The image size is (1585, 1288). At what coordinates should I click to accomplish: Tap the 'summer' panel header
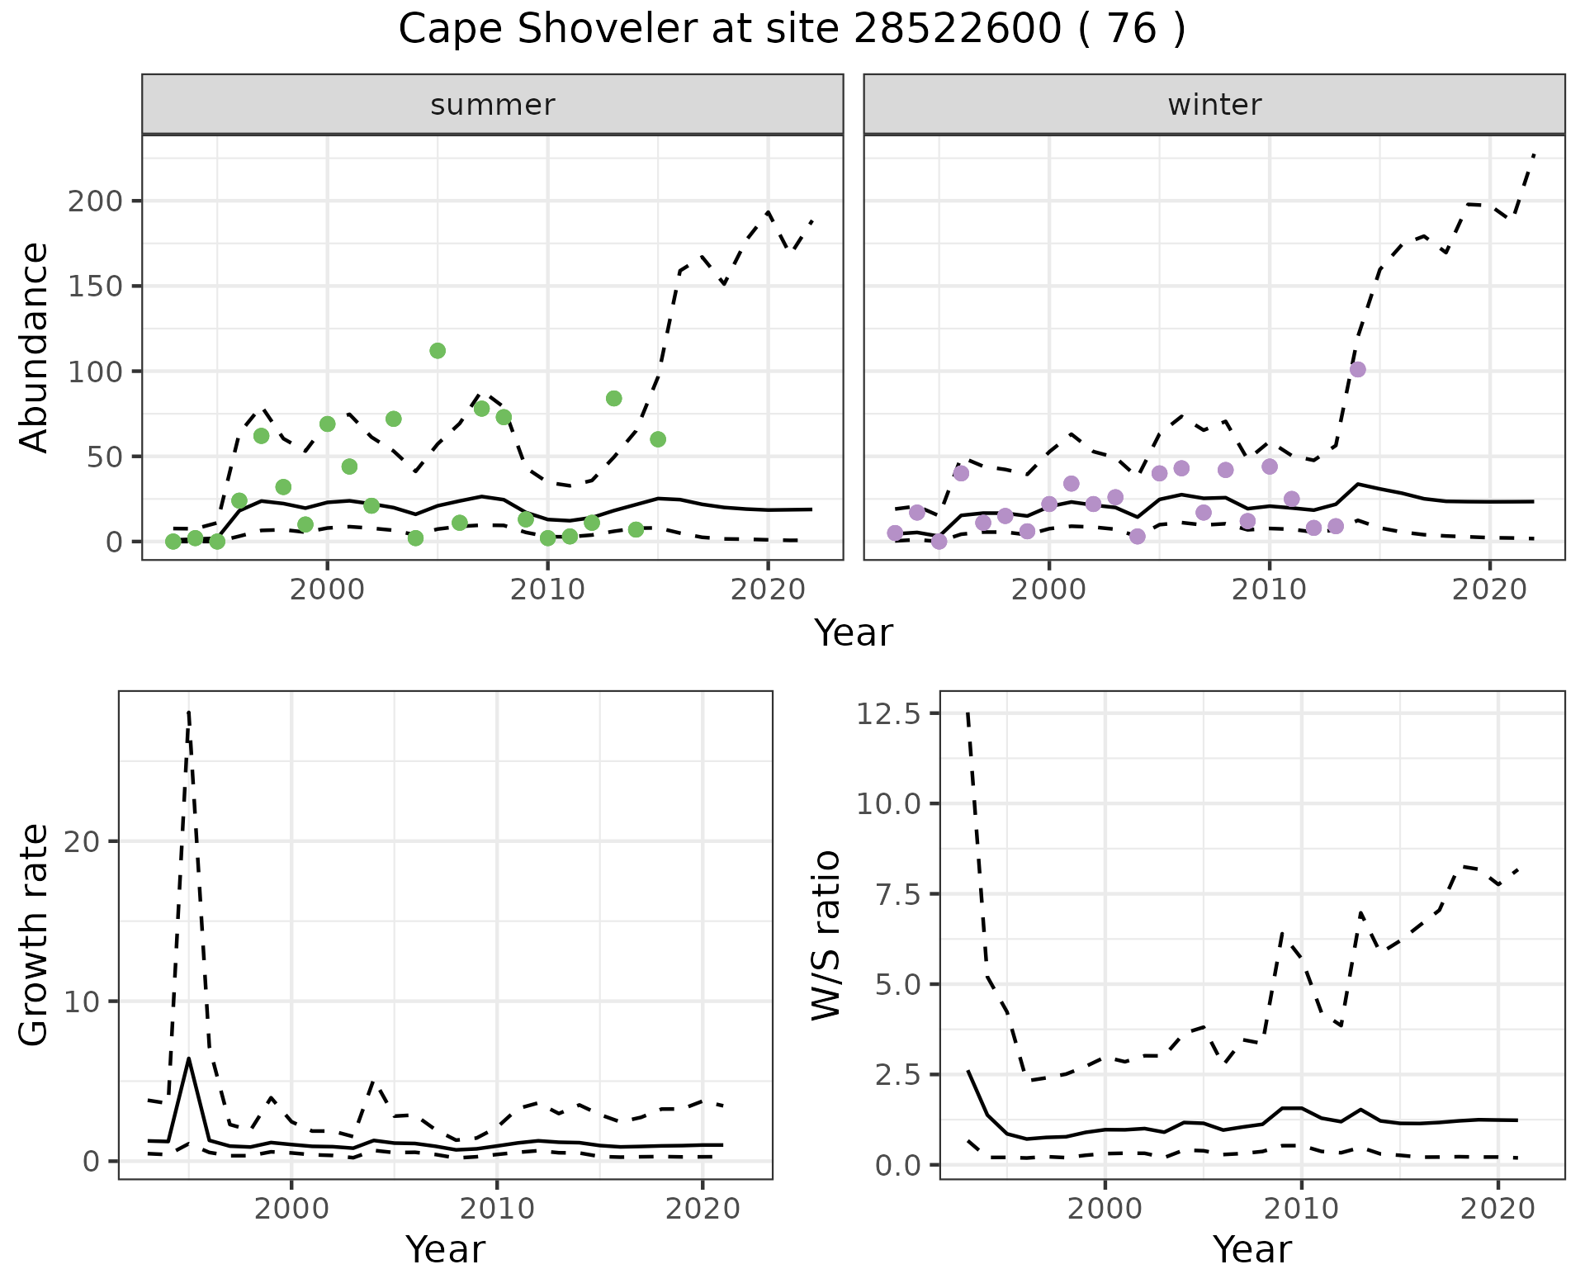pos(493,105)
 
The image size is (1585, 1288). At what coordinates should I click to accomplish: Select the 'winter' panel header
pos(1214,105)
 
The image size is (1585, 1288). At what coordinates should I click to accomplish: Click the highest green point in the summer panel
pos(438,351)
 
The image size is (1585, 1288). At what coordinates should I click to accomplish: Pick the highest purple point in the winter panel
pos(1357,369)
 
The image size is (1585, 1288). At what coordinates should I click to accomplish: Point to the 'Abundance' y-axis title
pos(35,348)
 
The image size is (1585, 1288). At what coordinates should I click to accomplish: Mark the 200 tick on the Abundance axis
pos(97,201)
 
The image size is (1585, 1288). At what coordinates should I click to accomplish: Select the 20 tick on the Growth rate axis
pos(79,841)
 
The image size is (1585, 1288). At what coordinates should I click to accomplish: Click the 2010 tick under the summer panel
pos(547,590)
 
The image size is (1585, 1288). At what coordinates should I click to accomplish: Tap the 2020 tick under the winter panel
pos(1489,590)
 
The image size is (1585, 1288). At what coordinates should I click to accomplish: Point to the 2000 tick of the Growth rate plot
pos(291,1209)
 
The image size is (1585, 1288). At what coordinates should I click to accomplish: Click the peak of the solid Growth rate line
pos(189,1058)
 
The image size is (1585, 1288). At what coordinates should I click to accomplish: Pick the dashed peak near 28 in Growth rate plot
pos(189,712)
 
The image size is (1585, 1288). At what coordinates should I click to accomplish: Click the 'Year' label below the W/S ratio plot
pos(1251,1249)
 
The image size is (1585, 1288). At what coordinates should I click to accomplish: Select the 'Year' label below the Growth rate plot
pos(445,1249)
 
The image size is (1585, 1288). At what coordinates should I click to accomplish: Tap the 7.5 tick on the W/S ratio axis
pos(897,894)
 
